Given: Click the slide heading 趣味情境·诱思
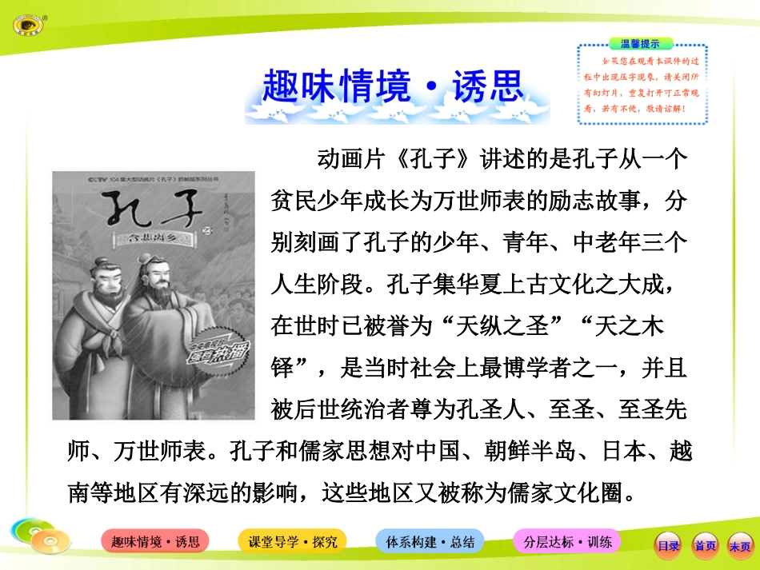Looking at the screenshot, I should tap(391, 87).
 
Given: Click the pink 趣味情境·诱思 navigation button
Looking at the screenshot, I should tap(155, 541).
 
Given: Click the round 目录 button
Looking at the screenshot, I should tap(668, 545).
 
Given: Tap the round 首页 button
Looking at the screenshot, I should tap(705, 545).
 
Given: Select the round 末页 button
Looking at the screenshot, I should tap(740, 545).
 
